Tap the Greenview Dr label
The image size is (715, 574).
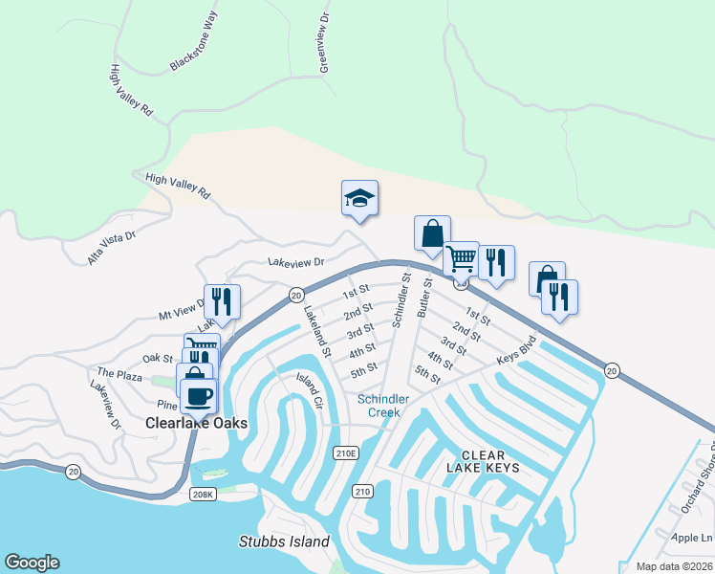(324, 44)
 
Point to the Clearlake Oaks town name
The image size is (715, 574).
(197, 423)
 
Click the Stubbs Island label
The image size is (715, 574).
(284, 541)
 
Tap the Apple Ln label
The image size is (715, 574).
(691, 538)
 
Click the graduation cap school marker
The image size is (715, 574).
(359, 198)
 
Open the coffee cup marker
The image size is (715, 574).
(198, 395)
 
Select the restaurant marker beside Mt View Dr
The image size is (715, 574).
(222, 301)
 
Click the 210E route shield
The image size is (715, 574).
(345, 453)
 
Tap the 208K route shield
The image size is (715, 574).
(203, 494)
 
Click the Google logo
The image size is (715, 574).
(32, 563)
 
